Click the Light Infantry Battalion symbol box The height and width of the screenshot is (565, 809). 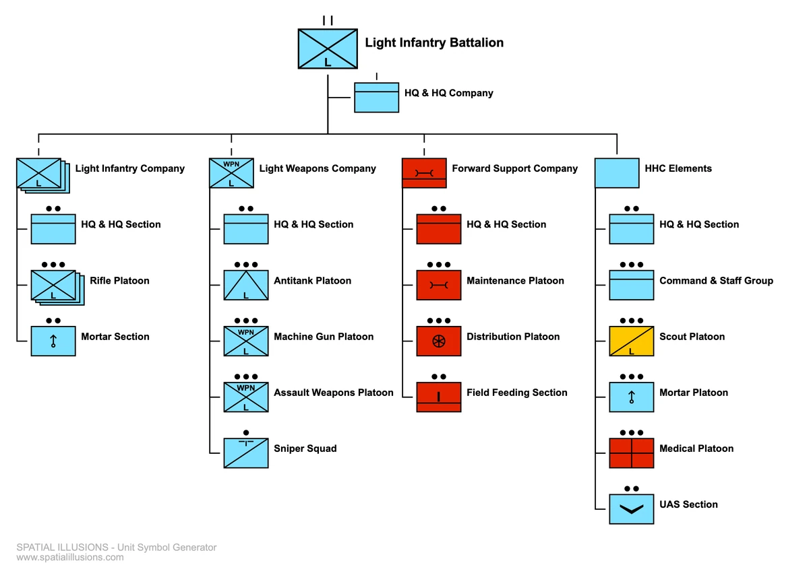328,48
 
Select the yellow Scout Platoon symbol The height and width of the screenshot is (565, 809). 631,341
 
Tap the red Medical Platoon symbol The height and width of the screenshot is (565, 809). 631,453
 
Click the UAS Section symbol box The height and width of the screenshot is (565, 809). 631,508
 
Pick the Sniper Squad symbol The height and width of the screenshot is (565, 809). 246,453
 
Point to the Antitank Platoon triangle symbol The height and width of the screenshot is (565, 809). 246,285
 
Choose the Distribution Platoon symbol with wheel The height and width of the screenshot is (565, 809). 438,341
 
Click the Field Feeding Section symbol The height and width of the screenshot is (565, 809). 438,397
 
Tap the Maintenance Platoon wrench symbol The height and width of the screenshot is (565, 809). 438,285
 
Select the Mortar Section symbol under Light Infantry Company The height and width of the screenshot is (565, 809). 53,341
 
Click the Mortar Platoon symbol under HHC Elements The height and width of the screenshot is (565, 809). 631,397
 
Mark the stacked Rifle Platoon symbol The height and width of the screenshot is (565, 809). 55,286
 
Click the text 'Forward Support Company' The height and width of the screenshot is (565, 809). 514,168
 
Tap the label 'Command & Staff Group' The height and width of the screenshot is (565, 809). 716,281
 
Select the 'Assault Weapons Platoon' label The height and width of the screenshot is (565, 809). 333,393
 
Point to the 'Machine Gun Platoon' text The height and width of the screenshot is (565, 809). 324,337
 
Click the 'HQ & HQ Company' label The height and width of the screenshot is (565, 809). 448,93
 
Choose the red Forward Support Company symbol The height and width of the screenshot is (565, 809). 424,173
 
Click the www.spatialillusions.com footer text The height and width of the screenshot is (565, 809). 70,557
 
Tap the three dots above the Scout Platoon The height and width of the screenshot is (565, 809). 631,321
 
